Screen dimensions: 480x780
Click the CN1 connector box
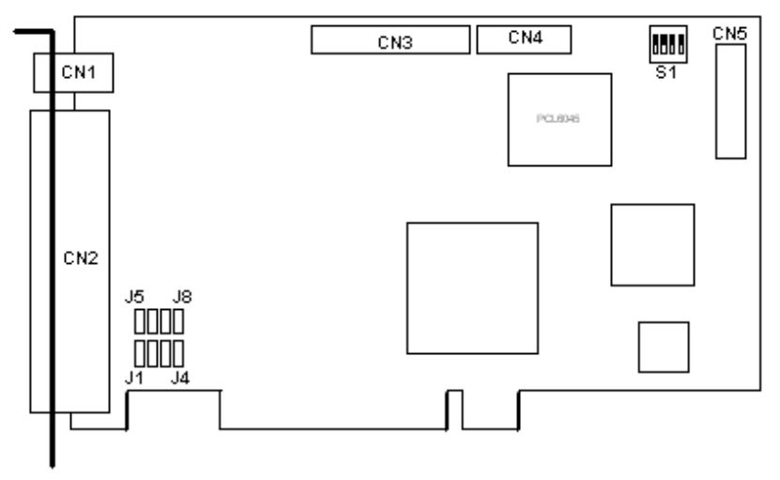point(74,73)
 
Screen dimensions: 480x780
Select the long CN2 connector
point(70,260)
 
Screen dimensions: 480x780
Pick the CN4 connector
point(523,39)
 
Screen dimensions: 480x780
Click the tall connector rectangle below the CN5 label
point(729,102)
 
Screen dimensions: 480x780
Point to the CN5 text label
point(729,34)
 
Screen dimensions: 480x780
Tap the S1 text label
point(665,71)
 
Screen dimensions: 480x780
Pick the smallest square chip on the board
point(662,347)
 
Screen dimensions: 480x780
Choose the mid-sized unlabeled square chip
point(652,244)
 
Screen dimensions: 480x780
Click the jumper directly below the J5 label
point(140,322)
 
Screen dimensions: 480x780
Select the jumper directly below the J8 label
point(176,322)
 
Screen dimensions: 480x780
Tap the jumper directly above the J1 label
point(140,354)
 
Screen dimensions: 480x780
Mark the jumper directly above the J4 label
point(176,354)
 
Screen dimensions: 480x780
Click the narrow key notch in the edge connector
point(454,410)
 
